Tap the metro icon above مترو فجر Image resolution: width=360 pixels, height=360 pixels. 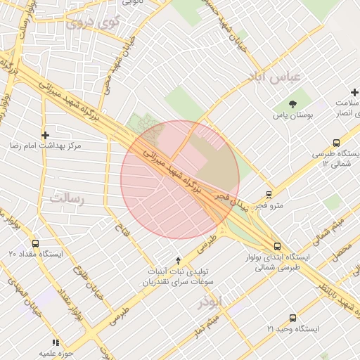pyautogui.click(x=269, y=195)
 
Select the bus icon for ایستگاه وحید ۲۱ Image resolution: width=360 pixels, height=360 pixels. pyautogui.click(x=292, y=318)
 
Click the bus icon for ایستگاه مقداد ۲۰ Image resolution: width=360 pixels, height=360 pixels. pyautogui.click(x=36, y=243)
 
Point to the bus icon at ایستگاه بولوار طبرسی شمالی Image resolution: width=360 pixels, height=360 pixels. pyautogui.click(x=277, y=247)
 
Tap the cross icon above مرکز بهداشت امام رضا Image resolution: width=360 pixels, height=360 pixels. pyautogui.click(x=46, y=134)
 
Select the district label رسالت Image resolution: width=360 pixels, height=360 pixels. pyautogui.click(x=66, y=198)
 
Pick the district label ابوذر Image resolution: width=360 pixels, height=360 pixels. pyautogui.click(x=210, y=302)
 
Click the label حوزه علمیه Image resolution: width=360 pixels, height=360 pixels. pyautogui.click(x=57, y=352)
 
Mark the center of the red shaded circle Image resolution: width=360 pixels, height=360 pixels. pyautogui.click(x=180, y=180)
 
